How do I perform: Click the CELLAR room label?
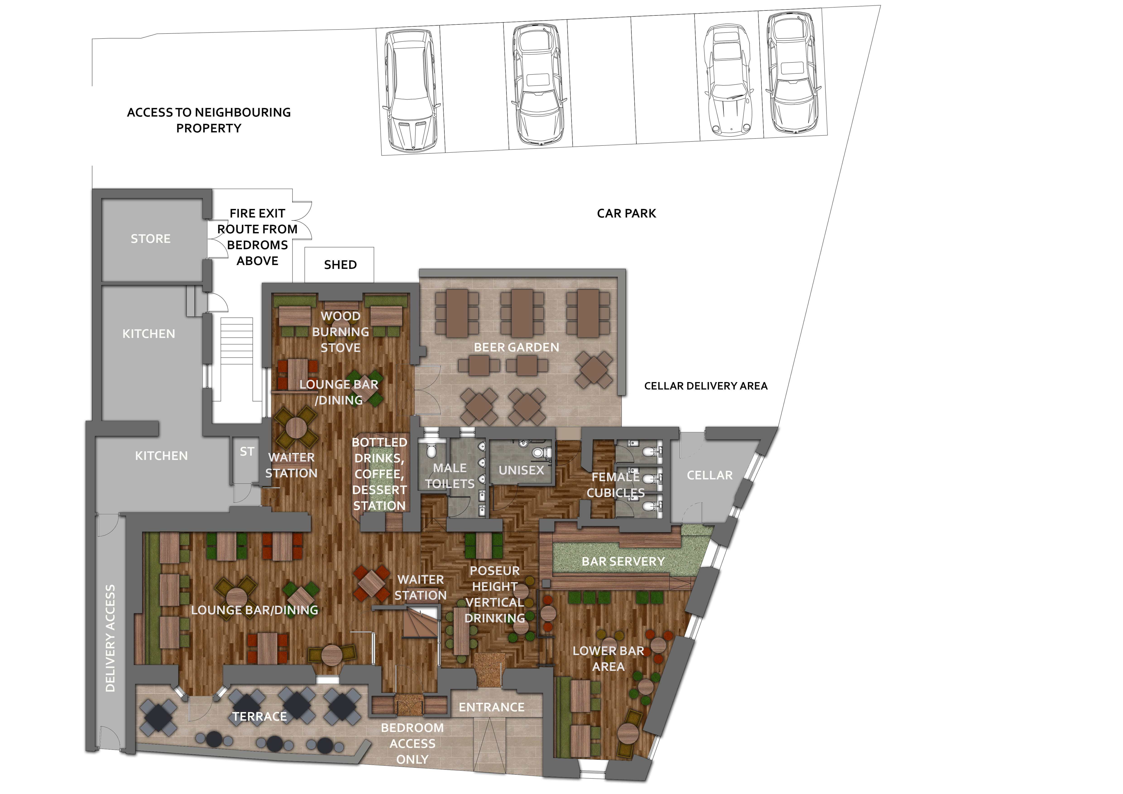(x=710, y=475)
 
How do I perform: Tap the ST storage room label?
(x=247, y=452)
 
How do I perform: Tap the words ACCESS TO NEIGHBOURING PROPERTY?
(x=209, y=120)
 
